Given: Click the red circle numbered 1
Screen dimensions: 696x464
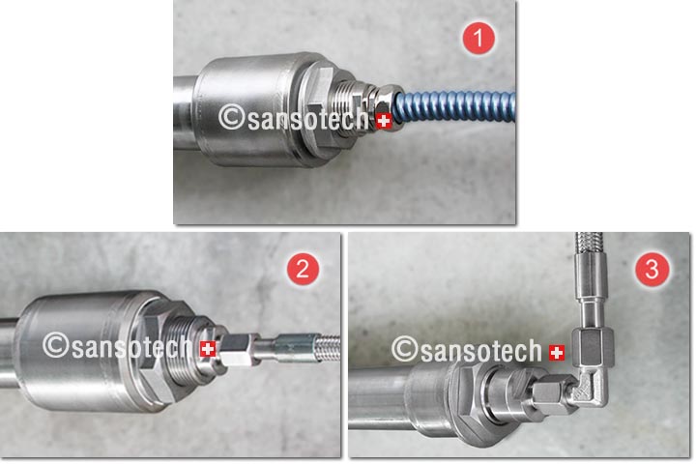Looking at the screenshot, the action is coord(478,39).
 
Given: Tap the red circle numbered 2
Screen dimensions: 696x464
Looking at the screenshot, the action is coord(303,269).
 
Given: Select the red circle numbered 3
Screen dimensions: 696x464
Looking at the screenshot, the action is coord(652,269).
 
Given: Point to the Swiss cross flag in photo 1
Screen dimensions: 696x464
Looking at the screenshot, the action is coord(384,121).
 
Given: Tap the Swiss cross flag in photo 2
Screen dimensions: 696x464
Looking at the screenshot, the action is coord(208,349).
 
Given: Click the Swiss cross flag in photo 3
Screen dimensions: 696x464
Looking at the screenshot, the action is coord(557,353).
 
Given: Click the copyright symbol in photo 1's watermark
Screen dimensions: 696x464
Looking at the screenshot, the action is coord(232,117).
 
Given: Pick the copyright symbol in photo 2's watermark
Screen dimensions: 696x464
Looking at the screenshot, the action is coord(56,345).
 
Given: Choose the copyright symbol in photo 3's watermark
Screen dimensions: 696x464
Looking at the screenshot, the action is coord(405,349).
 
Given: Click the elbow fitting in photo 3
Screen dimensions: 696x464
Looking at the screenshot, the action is coord(589,388).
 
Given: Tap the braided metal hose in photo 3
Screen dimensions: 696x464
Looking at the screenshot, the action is coord(589,246).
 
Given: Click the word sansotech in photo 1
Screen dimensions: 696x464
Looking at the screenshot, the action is coord(307,120).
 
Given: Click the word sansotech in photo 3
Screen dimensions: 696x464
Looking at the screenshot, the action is coord(481,351).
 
